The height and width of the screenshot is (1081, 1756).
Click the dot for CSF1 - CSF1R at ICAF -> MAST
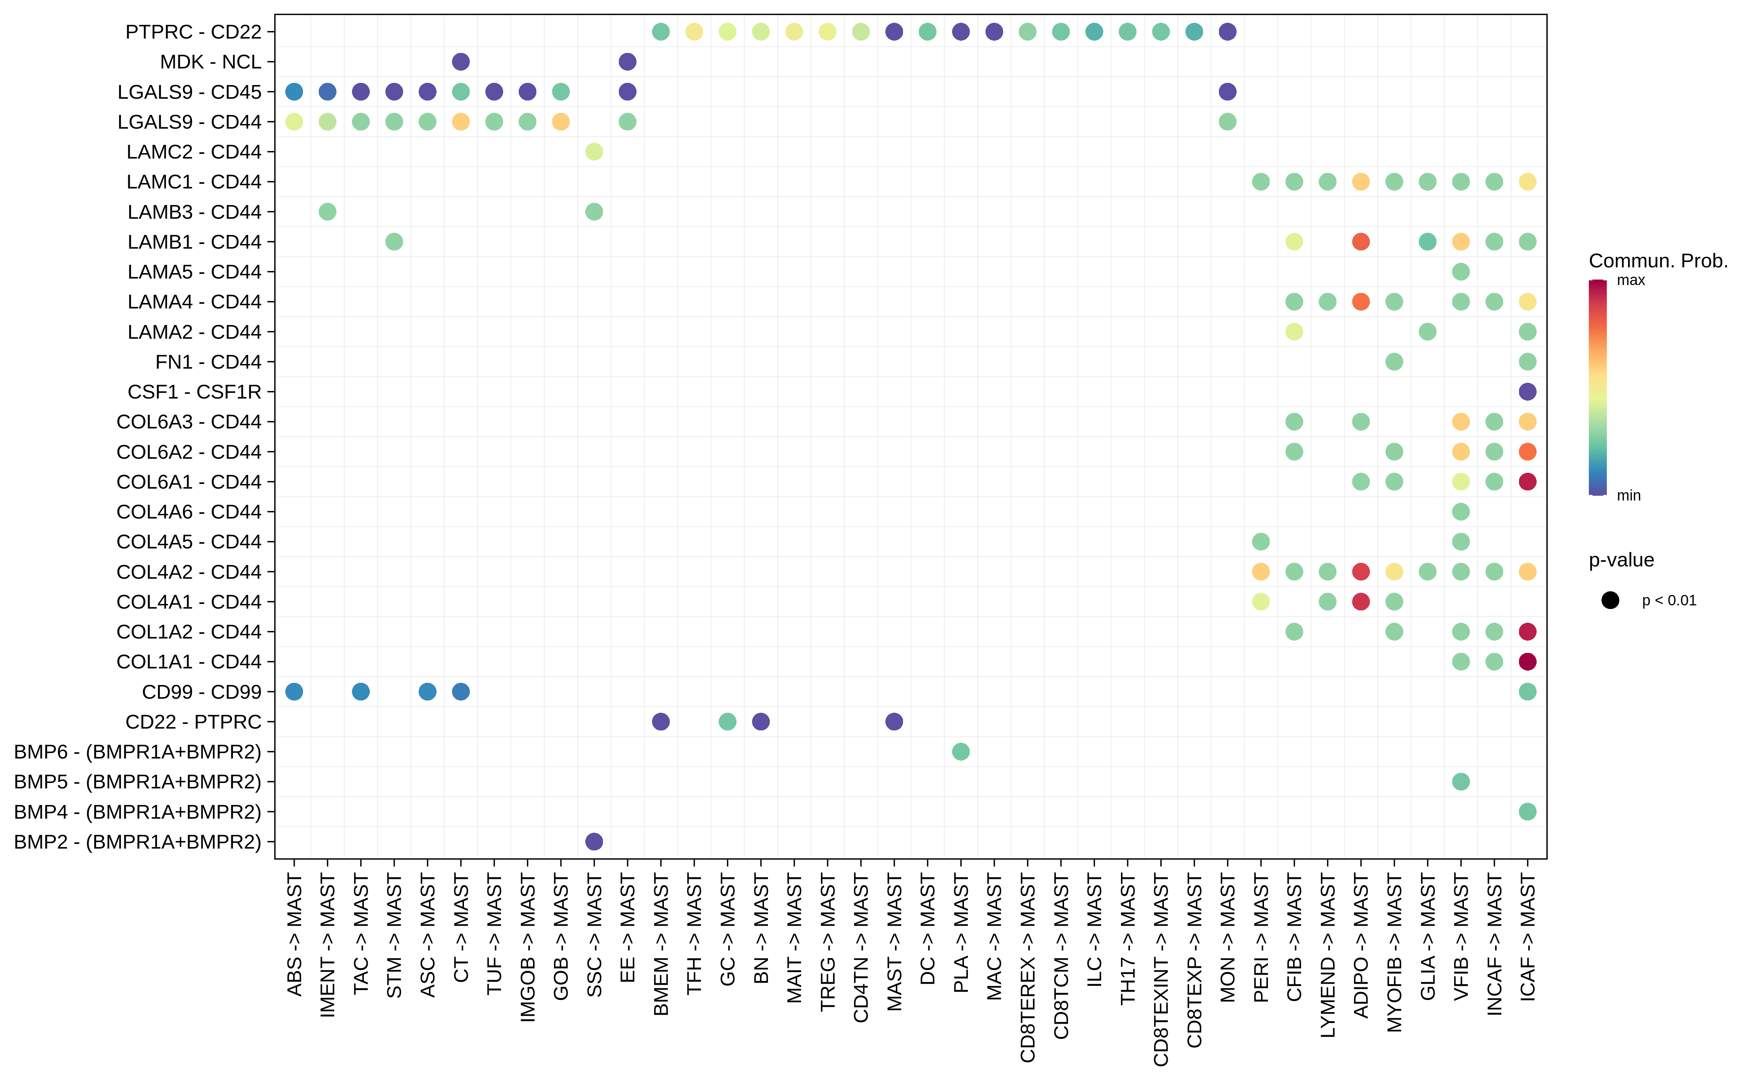click(x=1527, y=392)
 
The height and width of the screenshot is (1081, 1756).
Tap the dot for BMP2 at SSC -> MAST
click(x=594, y=841)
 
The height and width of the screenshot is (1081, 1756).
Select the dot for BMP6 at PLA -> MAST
click(x=961, y=751)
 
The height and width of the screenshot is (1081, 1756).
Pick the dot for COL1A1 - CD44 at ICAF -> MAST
click(x=1527, y=661)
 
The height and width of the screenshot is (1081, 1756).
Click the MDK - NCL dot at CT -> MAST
click(x=461, y=62)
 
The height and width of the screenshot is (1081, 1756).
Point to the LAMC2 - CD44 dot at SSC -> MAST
click(x=594, y=152)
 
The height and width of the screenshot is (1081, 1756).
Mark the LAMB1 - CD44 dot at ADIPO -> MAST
click(x=1361, y=242)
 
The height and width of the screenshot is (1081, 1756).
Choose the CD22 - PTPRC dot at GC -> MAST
click(x=728, y=721)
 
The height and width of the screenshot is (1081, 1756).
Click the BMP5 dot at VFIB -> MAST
click(x=1461, y=782)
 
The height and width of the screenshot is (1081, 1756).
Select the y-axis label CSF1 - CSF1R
click(x=195, y=392)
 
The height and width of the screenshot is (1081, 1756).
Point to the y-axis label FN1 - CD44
click(x=208, y=362)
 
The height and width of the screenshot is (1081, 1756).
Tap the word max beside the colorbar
click(x=1631, y=280)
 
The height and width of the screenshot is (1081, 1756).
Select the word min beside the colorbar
click(x=1629, y=495)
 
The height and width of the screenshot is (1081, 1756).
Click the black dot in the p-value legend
click(x=1610, y=601)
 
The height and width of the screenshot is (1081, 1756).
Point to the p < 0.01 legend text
click(x=1669, y=601)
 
